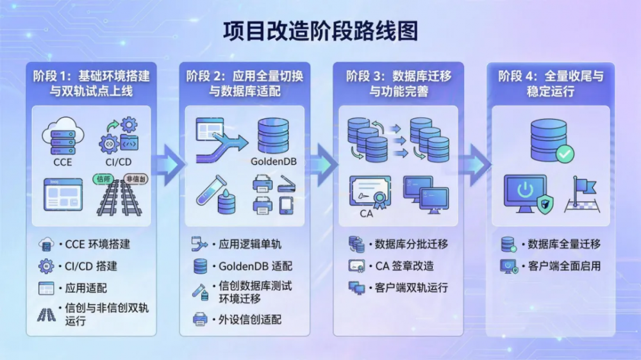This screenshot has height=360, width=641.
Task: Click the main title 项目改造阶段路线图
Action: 320,30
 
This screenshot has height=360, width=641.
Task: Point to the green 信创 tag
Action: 103,179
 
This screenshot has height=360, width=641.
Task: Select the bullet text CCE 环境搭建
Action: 97,244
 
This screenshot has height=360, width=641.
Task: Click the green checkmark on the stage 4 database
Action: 565,154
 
